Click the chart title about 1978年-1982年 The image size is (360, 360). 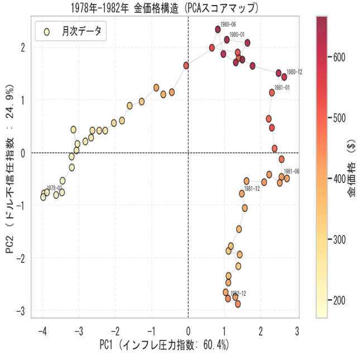tap(165, 8)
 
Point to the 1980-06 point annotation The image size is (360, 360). tap(228, 25)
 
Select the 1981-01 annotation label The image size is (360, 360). tap(281, 88)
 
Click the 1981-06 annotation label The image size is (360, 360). tap(291, 171)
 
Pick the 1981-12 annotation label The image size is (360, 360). tap(252, 189)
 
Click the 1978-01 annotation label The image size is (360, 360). tap(54, 188)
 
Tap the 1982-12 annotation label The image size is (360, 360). tap(238, 293)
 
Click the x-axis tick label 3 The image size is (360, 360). tap(297, 330)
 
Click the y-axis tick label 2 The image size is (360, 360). tap(22, 47)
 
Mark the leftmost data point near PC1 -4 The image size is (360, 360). tap(43, 196)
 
